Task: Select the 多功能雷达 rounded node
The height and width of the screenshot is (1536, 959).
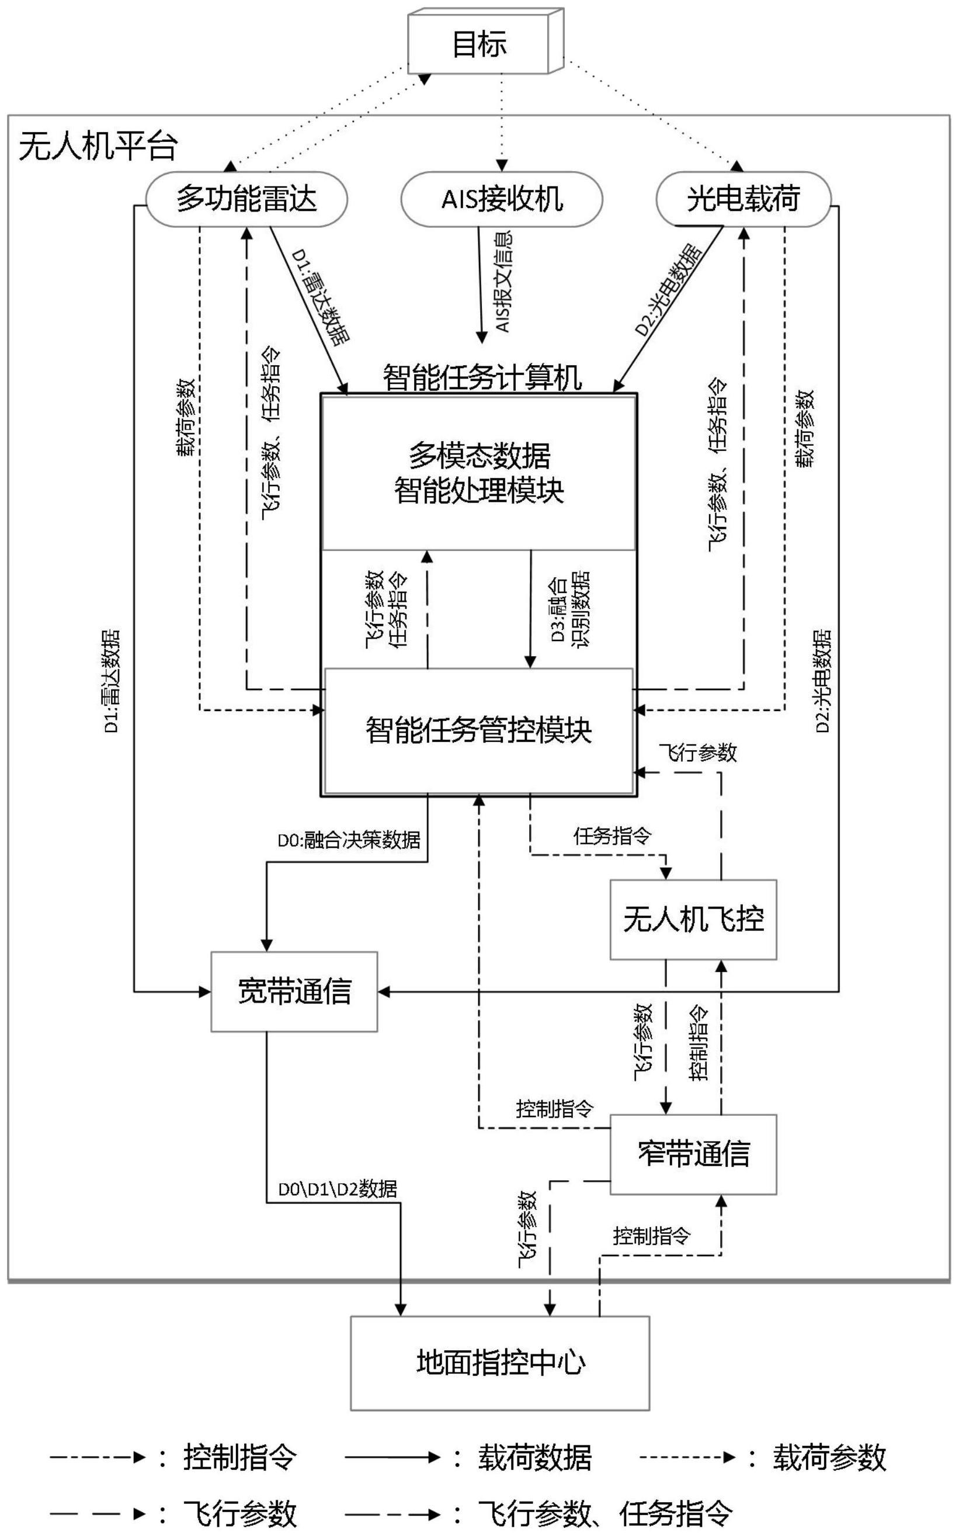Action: click(x=246, y=199)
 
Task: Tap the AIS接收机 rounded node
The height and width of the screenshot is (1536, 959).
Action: click(x=501, y=199)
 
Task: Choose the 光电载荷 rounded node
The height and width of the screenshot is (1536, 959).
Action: click(x=743, y=199)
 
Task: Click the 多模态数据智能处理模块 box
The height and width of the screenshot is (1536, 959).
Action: click(x=479, y=473)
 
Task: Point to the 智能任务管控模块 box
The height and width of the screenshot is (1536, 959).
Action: click(x=479, y=730)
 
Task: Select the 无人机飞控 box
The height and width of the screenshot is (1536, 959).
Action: click(x=693, y=918)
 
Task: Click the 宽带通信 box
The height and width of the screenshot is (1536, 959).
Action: click(x=294, y=991)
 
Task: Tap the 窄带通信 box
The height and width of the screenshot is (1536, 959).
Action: click(x=693, y=1153)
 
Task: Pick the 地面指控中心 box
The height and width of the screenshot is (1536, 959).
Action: click(x=500, y=1362)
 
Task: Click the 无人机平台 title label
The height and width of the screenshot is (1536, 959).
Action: click(x=98, y=147)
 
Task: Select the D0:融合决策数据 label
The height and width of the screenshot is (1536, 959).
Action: click(x=349, y=840)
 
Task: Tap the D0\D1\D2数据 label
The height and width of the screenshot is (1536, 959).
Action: click(x=338, y=1189)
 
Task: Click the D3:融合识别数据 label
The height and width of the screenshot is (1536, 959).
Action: click(x=569, y=607)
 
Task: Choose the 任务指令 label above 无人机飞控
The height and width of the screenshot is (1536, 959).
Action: click(x=611, y=836)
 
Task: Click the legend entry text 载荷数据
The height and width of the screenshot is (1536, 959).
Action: click(x=534, y=1457)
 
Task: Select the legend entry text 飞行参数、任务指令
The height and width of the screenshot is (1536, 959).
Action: click(x=606, y=1514)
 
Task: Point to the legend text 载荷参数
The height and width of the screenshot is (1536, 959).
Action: click(x=828, y=1457)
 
